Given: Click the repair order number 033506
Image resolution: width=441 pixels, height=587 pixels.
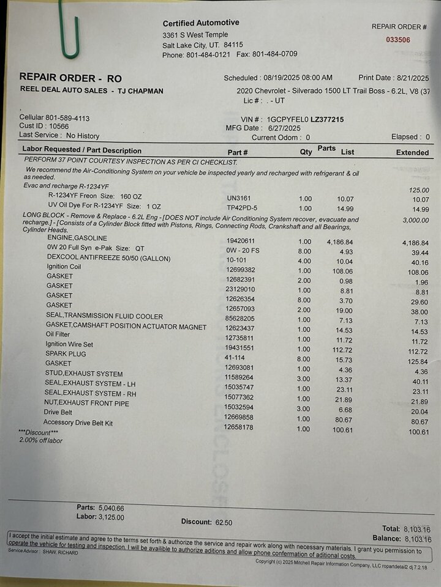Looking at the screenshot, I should point(398,40).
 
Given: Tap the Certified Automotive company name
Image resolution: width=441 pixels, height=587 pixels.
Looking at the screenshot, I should point(201,23).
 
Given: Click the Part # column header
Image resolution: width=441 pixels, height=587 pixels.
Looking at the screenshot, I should point(238,152).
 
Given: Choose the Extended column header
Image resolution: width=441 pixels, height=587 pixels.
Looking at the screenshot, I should point(412,152).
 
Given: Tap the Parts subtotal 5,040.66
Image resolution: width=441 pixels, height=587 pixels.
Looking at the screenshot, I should point(111,508).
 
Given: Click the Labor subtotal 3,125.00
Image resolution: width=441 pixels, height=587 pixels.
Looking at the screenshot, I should point(111,517).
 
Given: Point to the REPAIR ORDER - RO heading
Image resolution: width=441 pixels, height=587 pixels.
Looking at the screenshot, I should point(70,78).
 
